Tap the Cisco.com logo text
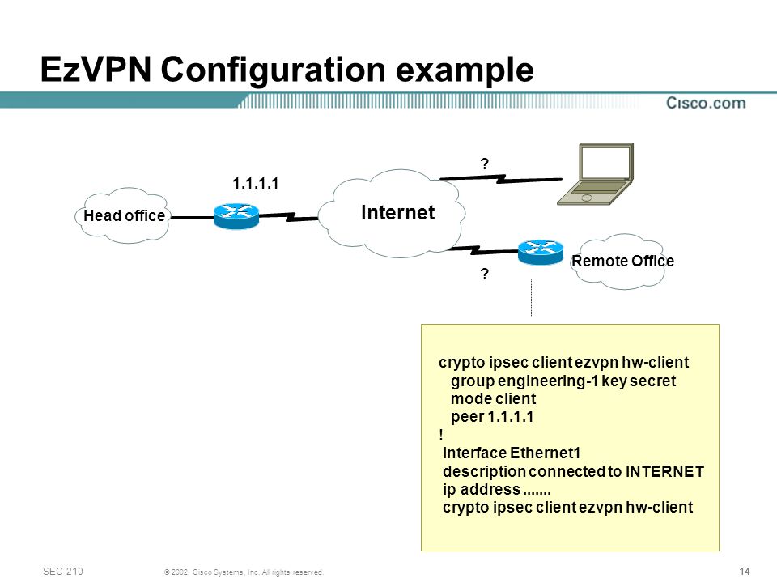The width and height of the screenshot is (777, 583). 706,103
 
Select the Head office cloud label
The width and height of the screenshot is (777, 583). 124,215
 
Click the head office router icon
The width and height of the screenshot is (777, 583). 236,215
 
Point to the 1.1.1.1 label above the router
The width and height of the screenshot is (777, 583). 256,184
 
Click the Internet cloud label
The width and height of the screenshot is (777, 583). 398,212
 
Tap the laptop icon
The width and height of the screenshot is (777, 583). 596,174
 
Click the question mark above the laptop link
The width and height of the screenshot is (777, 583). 485,164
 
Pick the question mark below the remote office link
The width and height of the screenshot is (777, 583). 485,274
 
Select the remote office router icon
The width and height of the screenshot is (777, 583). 541,252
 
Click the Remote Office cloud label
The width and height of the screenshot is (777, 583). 623,261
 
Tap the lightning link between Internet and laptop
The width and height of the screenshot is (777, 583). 501,178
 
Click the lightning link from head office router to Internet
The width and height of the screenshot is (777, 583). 289,217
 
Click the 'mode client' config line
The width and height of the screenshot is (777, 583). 493,398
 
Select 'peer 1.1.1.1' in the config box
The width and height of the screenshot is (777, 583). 492,416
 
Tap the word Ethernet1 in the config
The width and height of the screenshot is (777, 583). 545,453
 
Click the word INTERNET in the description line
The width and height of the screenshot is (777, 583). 664,471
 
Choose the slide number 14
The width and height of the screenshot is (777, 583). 745,571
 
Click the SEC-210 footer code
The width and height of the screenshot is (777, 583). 63,571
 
